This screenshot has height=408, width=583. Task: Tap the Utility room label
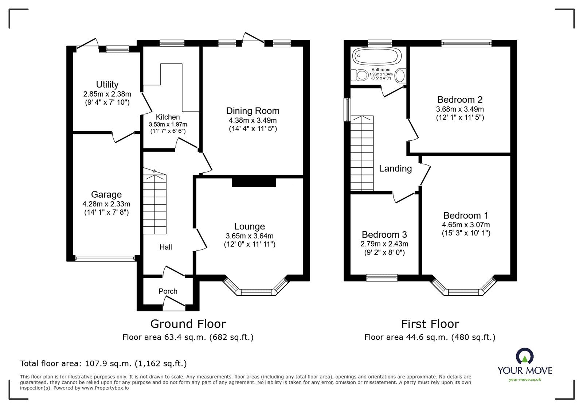[107, 84]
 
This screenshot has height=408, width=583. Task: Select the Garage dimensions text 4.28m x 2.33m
[106, 204]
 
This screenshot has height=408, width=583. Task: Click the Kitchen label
[168, 117]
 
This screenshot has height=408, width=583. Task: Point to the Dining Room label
[253, 111]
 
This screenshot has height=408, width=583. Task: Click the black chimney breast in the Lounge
[254, 182]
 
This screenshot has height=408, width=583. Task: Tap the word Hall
[165, 247]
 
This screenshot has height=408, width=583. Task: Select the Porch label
[168, 291]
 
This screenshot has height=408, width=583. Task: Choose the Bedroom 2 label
[460, 100]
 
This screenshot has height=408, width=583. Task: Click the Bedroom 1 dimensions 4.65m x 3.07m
[466, 225]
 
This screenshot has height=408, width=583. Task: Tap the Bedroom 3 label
[384, 234]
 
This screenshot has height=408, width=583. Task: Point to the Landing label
[395, 168]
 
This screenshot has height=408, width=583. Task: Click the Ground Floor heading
[188, 324]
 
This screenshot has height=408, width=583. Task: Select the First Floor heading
[430, 324]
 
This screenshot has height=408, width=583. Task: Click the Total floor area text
[103, 364]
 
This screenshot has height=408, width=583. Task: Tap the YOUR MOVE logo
[525, 365]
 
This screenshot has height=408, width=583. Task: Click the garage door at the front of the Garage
[105, 259]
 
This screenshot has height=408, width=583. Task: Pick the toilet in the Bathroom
[360, 76]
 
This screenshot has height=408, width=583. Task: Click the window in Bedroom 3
[382, 278]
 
